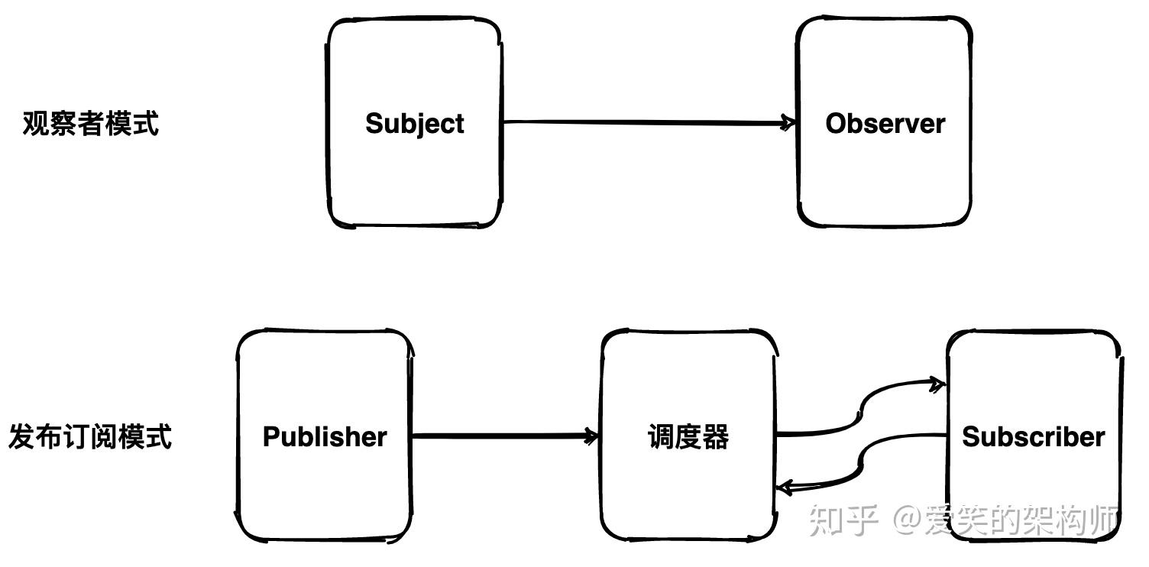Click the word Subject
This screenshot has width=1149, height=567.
coord(415,125)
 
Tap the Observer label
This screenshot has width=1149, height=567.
coord(885,124)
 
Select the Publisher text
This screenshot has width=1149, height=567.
coord(325,437)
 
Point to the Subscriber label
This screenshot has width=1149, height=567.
coord(1033,437)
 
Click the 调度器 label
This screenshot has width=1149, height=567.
coord(688,437)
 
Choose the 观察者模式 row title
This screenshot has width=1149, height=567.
coord(91,124)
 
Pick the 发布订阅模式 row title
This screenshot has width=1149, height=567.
coord(90,437)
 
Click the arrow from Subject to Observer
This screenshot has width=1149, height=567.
coord(649,122)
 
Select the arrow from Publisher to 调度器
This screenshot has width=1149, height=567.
coord(505,436)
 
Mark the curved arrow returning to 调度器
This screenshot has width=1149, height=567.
coord(862,462)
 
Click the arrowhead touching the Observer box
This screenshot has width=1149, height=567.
coord(788,123)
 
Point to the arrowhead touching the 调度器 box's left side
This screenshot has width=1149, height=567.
coord(591,436)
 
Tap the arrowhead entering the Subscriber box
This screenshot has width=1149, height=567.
coord(937,384)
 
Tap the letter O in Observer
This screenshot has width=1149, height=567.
coord(837,124)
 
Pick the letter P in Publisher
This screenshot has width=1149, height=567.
coord(272,437)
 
